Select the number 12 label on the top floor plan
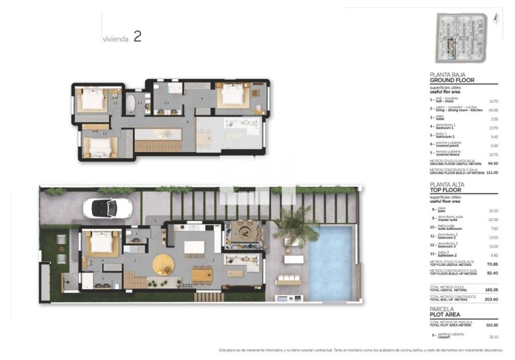104,134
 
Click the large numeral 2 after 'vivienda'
137,37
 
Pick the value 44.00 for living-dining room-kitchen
494,110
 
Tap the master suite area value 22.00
494,219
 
